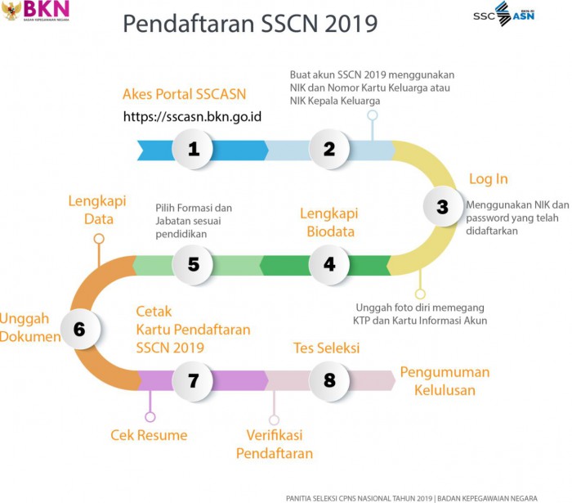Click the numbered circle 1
193,149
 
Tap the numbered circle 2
329,149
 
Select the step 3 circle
443,206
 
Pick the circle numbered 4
329,265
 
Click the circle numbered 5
193,265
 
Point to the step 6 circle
80,330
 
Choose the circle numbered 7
193,380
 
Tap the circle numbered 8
329,380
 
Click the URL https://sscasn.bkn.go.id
192,116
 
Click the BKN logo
35,11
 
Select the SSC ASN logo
504,14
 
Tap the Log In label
488,179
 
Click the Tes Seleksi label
327,348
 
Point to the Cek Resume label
149,435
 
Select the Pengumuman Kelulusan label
445,381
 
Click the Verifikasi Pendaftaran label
275,444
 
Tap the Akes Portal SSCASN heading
184,94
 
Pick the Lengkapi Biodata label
329,222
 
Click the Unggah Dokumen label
30,327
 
